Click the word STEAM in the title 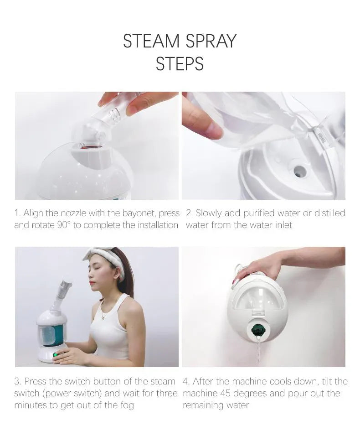151,41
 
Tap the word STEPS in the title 180,64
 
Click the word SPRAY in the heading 211,41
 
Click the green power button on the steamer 56,354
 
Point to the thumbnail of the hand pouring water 263,145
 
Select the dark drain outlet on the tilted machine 258,329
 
